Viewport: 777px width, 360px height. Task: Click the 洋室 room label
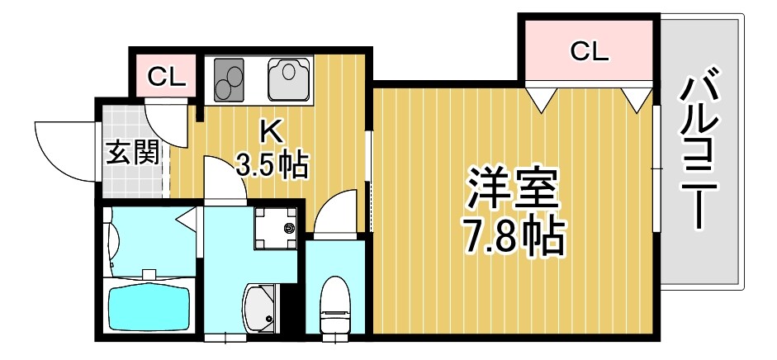tap(513, 189)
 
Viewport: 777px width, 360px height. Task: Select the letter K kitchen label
tap(272, 131)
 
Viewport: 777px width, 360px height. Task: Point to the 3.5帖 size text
tap(272, 164)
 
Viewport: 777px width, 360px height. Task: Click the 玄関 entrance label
tap(132, 153)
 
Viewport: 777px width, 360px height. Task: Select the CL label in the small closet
tap(167, 78)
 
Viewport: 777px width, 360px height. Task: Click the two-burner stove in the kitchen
tap(230, 80)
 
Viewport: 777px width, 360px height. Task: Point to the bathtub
tap(148, 306)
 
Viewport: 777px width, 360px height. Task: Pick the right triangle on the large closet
tap(637, 99)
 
